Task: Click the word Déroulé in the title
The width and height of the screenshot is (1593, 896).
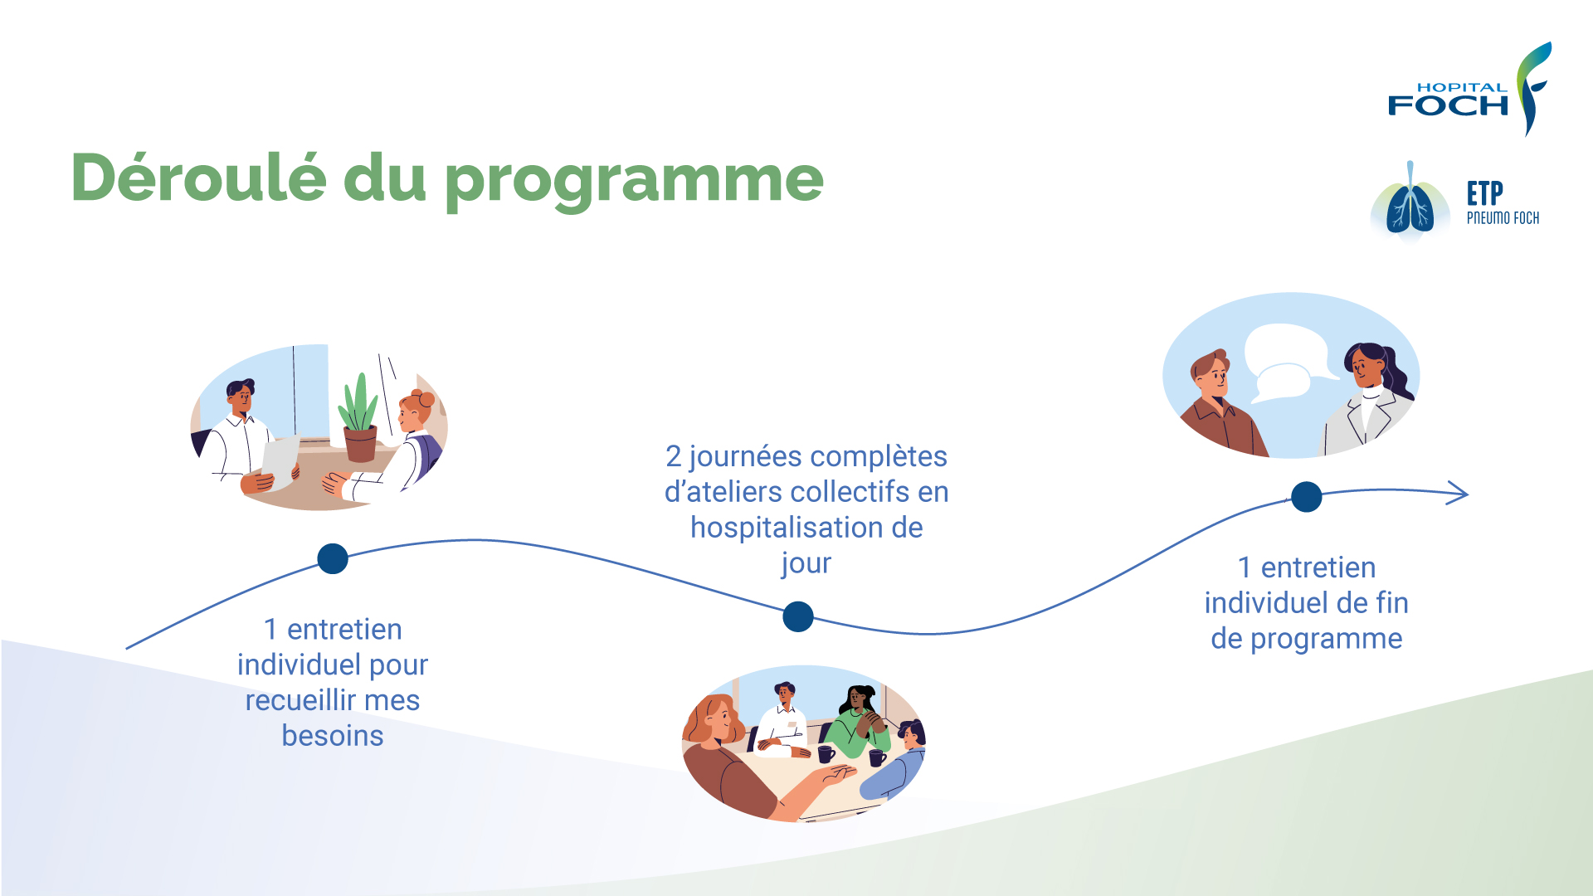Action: click(199, 177)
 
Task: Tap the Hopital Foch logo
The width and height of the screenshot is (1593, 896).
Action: click(1469, 90)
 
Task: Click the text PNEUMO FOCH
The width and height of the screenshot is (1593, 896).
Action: click(1503, 218)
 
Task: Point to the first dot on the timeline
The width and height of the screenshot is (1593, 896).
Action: click(333, 558)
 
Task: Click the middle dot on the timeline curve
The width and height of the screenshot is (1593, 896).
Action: click(798, 616)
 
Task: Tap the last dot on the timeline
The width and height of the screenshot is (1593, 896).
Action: click(1307, 497)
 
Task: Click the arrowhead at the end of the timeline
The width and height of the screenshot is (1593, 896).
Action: click(1459, 493)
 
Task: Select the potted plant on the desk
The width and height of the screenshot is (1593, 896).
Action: click(359, 418)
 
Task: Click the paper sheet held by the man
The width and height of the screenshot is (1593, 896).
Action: click(280, 461)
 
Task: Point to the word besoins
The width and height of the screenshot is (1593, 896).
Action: click(333, 736)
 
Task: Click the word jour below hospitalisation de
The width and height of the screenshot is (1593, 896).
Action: click(806, 564)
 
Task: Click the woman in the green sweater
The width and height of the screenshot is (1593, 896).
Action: click(861, 721)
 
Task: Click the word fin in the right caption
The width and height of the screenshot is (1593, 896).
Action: click(1391, 603)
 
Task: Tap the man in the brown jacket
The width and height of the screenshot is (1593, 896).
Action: click(1220, 406)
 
